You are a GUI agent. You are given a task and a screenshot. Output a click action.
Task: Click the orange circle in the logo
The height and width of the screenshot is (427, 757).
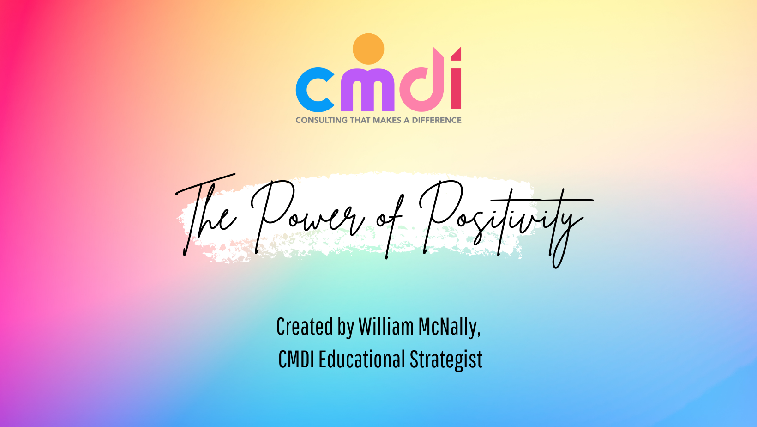(x=368, y=49)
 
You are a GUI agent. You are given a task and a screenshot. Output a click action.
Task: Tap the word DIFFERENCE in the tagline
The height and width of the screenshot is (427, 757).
(x=436, y=120)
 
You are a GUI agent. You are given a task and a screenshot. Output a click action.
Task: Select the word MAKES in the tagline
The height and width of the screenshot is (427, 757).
(x=387, y=120)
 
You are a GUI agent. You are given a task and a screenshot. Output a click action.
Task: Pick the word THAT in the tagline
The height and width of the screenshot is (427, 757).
(x=360, y=120)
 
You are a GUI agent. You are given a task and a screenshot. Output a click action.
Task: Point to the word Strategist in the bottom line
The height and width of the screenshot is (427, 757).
(x=446, y=360)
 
